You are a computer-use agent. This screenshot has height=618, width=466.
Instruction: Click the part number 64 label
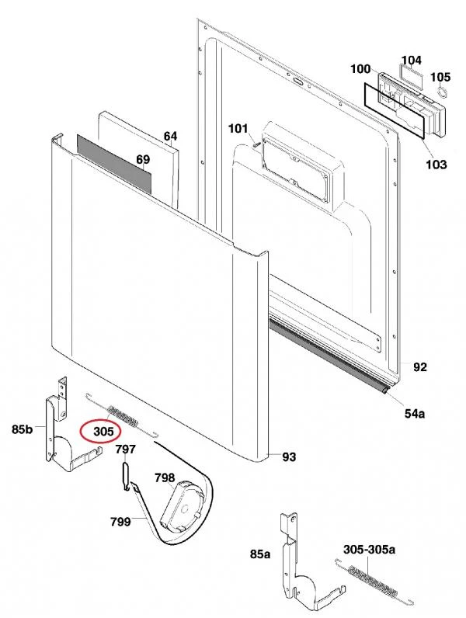coord(171,137)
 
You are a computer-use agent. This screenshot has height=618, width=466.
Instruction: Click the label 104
coord(411,60)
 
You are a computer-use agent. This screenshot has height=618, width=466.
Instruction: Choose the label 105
coord(440,77)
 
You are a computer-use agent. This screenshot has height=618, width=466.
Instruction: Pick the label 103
coord(436,164)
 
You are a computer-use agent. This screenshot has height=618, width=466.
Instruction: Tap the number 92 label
coord(419,367)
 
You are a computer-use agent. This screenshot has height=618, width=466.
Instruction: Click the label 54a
coord(415,414)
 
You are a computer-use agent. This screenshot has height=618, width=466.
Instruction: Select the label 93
coord(289,457)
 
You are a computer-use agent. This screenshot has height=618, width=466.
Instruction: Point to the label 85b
coord(23,428)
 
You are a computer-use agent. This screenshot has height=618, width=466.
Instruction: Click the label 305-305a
coord(370,550)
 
